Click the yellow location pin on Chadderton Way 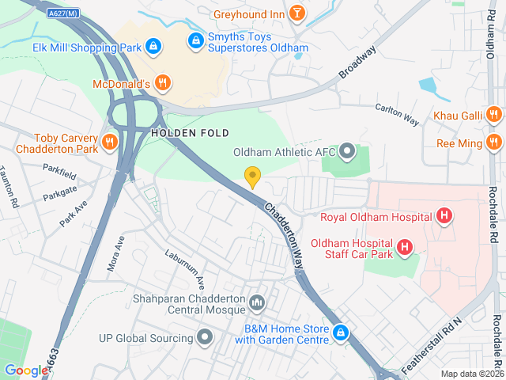[x=252, y=177]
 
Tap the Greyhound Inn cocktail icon [x=296, y=13]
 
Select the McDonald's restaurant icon [x=162, y=83]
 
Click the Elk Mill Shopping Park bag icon [x=153, y=47]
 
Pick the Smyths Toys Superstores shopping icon [x=194, y=39]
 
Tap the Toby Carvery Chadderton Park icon [x=109, y=142]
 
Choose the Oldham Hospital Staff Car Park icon [x=405, y=248]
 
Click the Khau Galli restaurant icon [x=494, y=116]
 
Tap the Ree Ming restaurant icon [x=494, y=143]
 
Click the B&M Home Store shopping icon [x=341, y=333]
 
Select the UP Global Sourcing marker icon [x=205, y=338]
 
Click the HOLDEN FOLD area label [x=190, y=132]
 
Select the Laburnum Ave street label [x=184, y=269]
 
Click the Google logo [x=26, y=370]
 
